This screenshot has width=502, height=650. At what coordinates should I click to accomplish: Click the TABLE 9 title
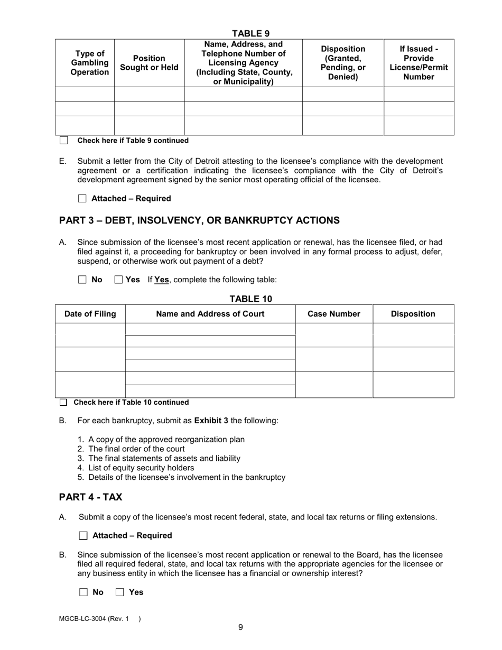coord(251,34)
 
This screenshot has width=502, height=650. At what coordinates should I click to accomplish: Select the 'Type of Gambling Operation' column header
coord(89,63)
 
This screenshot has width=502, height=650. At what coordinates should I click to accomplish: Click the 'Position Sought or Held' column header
coord(149,63)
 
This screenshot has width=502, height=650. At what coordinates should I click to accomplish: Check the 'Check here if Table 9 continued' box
coord(64,141)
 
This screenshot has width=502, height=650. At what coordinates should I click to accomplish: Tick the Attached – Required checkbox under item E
coord(82,199)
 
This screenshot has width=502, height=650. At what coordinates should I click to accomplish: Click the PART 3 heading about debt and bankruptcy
coord(199,220)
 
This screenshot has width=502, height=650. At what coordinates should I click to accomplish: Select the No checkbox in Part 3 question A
coord(82,280)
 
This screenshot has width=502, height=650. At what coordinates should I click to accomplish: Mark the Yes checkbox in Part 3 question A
coord(118,280)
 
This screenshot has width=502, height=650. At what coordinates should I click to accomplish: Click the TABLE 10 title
coord(250,299)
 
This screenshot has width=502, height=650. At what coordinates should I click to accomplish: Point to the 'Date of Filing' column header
coord(90,314)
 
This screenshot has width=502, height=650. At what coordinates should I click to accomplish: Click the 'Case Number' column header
coord(334,314)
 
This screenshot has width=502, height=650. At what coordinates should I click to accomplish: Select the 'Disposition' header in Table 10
coord(413,314)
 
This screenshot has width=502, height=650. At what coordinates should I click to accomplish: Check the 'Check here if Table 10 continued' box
coord(63,403)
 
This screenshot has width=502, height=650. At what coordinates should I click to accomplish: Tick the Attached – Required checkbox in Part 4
coord(83,536)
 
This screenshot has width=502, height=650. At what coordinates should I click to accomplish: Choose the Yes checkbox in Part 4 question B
coord(119,592)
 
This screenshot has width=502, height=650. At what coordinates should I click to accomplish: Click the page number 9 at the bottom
coord(240,627)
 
